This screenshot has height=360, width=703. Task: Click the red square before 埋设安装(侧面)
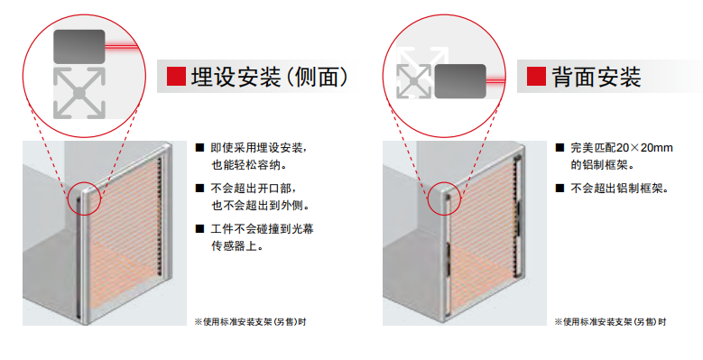click(x=176, y=76)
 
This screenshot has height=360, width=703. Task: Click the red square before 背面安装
click(x=536, y=76)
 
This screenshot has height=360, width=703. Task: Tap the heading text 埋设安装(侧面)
click(x=270, y=77)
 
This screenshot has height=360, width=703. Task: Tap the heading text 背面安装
click(x=597, y=77)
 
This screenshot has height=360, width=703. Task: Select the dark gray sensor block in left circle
click(x=79, y=47)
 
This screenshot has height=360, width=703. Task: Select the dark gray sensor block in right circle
click(x=460, y=81)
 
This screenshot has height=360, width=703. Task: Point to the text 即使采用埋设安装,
click(x=259, y=148)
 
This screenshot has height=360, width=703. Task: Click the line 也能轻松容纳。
click(x=249, y=165)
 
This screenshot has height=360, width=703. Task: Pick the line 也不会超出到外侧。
click(x=261, y=206)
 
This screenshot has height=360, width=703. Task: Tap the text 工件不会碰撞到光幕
click(x=262, y=229)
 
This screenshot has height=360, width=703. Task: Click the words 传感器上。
click(x=237, y=245)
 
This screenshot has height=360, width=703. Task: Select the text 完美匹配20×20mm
click(x=622, y=148)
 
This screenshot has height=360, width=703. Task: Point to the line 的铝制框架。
click(x=603, y=165)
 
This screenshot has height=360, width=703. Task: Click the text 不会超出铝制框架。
click(x=620, y=189)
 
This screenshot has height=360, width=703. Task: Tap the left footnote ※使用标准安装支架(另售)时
click(x=250, y=322)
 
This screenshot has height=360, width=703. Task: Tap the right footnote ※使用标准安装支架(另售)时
click(x=610, y=322)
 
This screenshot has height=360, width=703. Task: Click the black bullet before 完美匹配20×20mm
click(x=560, y=147)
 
